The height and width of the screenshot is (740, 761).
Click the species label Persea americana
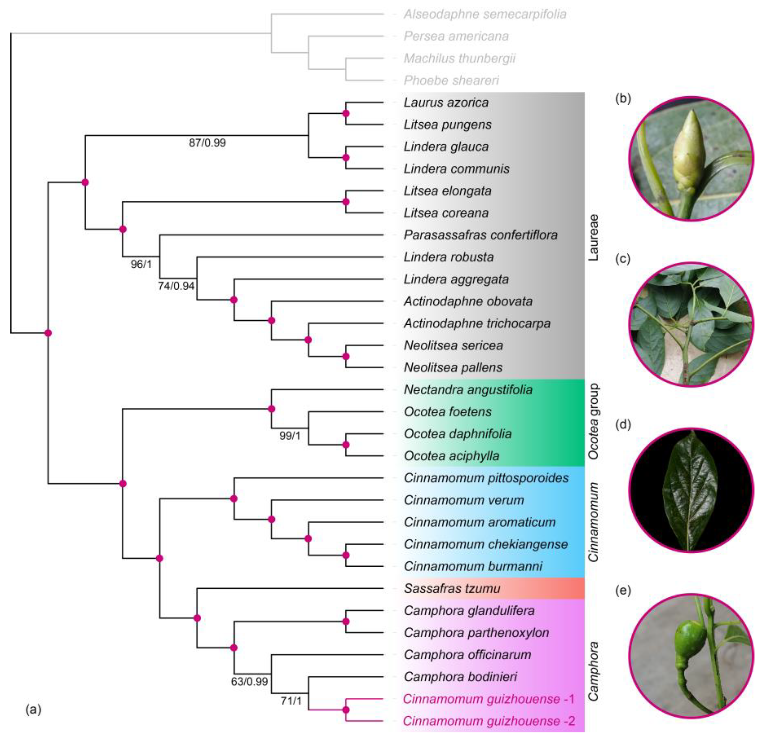tap(456, 36)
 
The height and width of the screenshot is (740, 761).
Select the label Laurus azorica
tap(446, 103)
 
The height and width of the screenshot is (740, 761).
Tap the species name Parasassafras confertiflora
tap(480, 235)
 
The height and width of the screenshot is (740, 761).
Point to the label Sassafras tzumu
tap(452, 588)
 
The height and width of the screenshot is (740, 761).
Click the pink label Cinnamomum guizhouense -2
tap(489, 721)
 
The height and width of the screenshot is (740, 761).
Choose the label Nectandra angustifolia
tap(468, 390)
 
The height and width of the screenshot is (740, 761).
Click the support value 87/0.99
tap(207, 143)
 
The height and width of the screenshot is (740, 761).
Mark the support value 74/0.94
tap(176, 286)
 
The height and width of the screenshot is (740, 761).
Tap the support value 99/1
tap(290, 436)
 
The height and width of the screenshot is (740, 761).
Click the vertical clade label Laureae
tap(593, 237)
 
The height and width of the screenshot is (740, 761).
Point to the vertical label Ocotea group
tap(593, 422)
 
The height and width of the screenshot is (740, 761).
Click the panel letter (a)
tap(33, 710)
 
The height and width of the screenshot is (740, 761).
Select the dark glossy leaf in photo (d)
tap(690, 490)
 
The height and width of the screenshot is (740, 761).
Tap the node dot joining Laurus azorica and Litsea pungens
tap(346, 113)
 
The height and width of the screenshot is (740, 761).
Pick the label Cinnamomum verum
tap(464, 500)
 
